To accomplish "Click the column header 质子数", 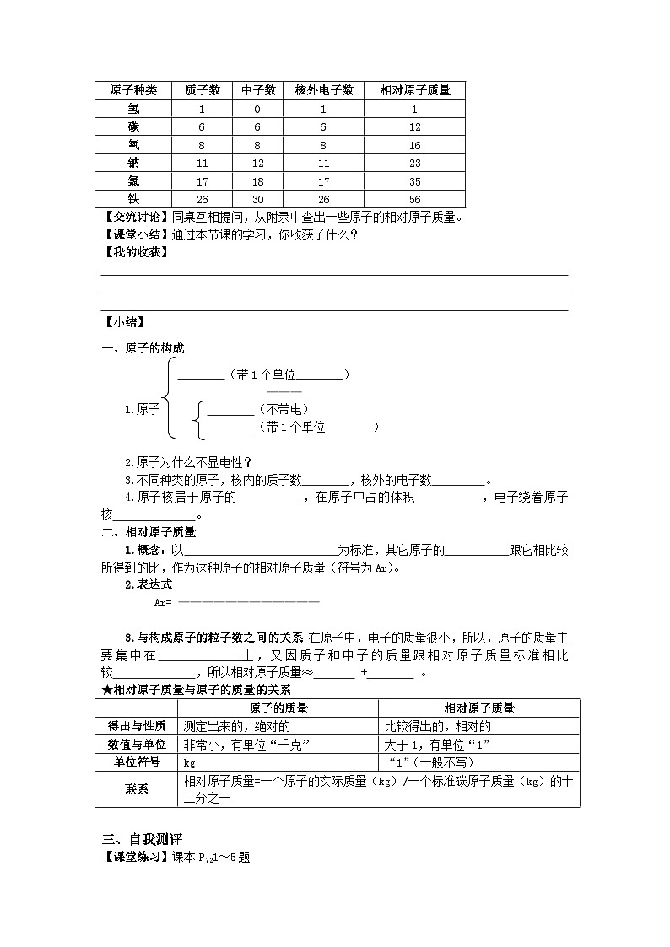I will [203, 90].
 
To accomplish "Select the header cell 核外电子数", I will [324, 90].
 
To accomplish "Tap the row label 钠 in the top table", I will [133, 163].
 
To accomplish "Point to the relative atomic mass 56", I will [414, 199].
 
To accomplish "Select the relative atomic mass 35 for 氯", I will [414, 181].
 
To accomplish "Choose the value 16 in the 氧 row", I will [414, 145].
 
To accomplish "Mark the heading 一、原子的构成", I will [143, 348].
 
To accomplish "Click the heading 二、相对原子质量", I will [149, 531].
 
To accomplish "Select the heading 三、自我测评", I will [142, 839].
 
